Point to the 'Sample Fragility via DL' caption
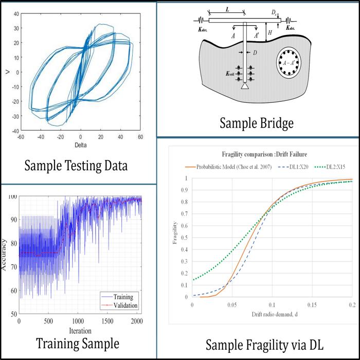265,344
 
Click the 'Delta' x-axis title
80,146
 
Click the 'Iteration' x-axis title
80,331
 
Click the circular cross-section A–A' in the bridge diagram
291,64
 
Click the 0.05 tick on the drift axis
232,304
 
